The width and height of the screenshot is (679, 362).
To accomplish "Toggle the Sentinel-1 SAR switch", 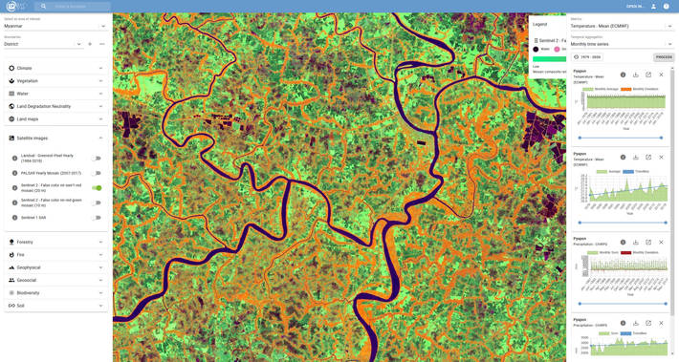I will point(97,218).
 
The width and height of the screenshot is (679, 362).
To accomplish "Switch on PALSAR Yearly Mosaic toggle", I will point(97,173).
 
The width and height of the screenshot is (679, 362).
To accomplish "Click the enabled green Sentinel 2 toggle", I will point(97,188).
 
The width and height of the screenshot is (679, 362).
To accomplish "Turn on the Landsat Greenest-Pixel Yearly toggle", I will point(97,159).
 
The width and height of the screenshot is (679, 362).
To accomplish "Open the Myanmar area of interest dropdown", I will point(55,26).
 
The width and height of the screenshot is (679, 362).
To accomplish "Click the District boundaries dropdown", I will point(43,44).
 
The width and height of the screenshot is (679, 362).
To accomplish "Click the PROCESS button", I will point(664,57).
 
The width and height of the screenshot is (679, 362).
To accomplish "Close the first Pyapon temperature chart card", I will point(661,75).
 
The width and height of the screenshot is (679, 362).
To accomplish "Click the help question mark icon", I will point(667,7).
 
